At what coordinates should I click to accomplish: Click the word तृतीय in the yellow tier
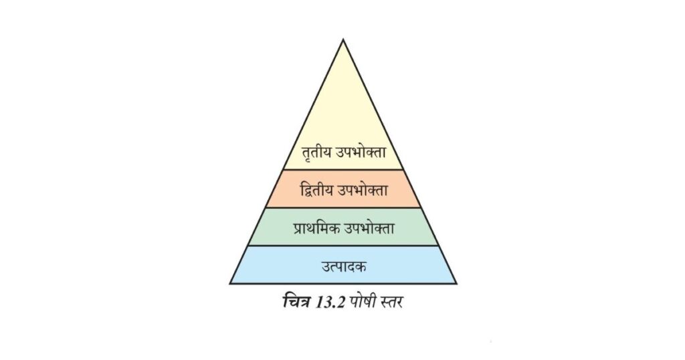point(316,153)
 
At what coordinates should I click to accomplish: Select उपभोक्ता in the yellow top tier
point(361,152)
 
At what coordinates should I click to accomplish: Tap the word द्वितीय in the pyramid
point(316,190)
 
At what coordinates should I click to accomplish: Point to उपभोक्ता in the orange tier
point(363,190)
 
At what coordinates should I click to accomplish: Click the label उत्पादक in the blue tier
point(344,266)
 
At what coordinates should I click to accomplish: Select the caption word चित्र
point(296,302)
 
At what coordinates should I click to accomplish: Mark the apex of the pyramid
point(343,39)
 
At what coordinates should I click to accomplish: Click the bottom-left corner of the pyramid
point(230,284)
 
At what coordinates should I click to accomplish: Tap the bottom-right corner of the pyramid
point(456,284)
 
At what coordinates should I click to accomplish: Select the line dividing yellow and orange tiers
point(343,169)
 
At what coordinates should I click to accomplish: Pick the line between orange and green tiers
point(343,207)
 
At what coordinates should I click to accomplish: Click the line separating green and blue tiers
point(343,246)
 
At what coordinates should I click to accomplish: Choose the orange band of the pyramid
point(343,188)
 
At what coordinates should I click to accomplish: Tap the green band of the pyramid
point(343,226)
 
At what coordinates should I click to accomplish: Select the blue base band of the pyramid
point(343,265)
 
